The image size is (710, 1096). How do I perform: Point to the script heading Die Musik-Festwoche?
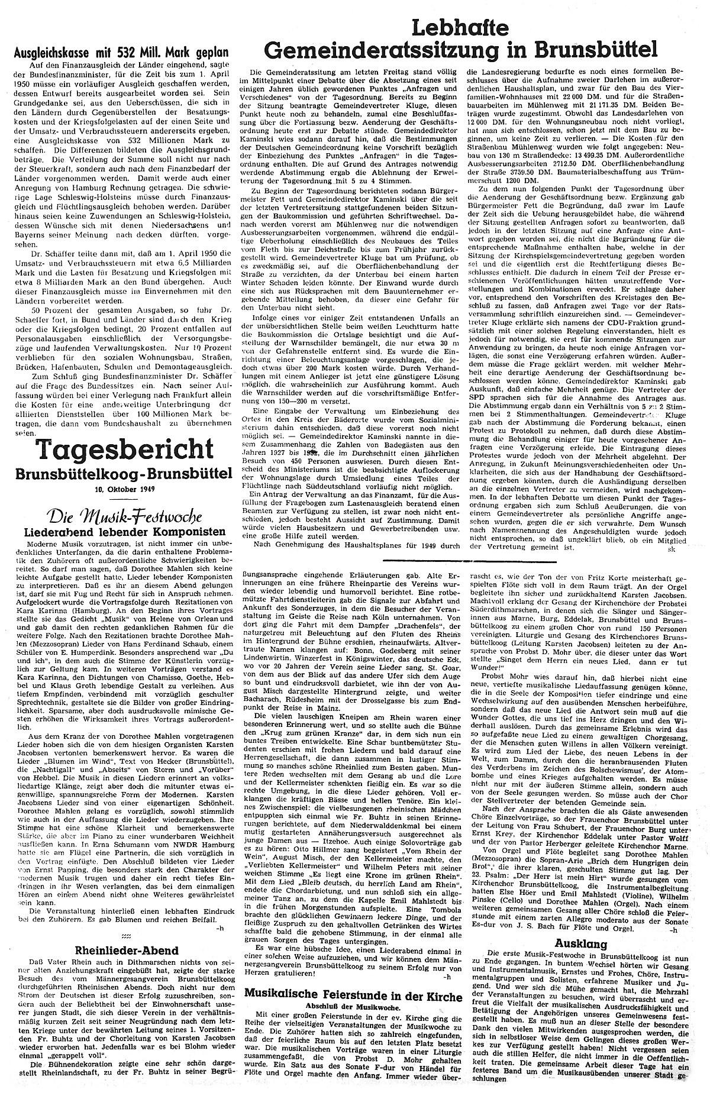click(118, 512)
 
